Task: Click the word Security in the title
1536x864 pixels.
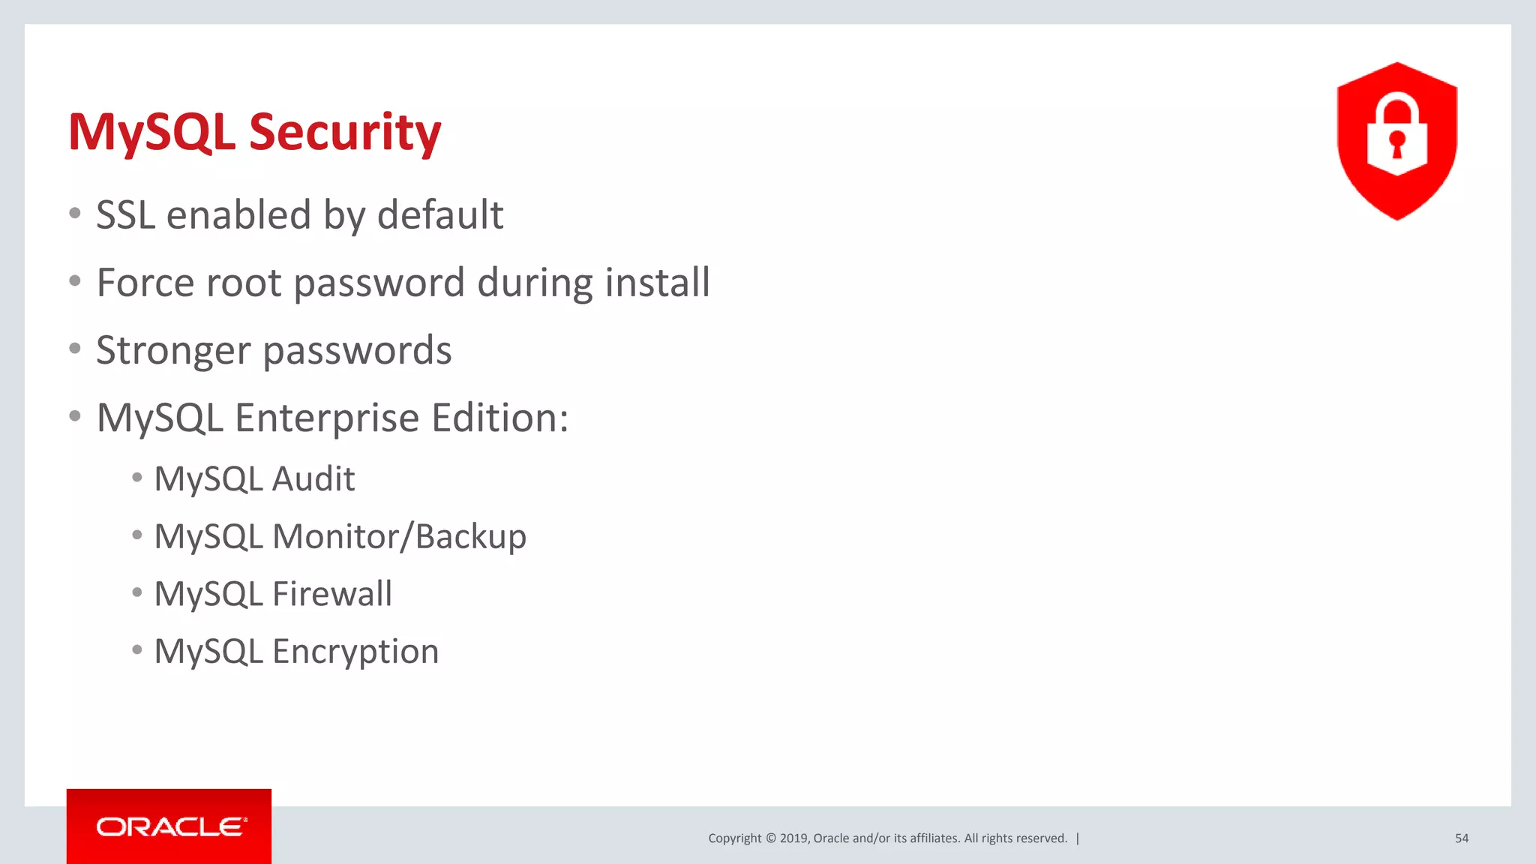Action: [x=345, y=132]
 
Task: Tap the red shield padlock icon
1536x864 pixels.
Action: [x=1396, y=141]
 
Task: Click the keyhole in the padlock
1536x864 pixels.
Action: [x=1396, y=142]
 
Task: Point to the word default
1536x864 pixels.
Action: [x=440, y=215]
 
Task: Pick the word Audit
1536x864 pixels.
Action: [x=313, y=479]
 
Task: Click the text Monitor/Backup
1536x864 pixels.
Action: [x=399, y=537]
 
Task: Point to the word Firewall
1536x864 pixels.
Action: [x=332, y=594]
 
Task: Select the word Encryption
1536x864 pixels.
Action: [x=355, y=652]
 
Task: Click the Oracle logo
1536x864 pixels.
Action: [x=169, y=826]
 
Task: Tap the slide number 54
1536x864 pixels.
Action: [x=1461, y=838]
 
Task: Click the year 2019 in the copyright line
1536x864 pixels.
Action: [x=793, y=838]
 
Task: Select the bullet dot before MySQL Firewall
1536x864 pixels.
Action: [x=136, y=593]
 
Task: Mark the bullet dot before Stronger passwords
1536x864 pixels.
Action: [x=75, y=349]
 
